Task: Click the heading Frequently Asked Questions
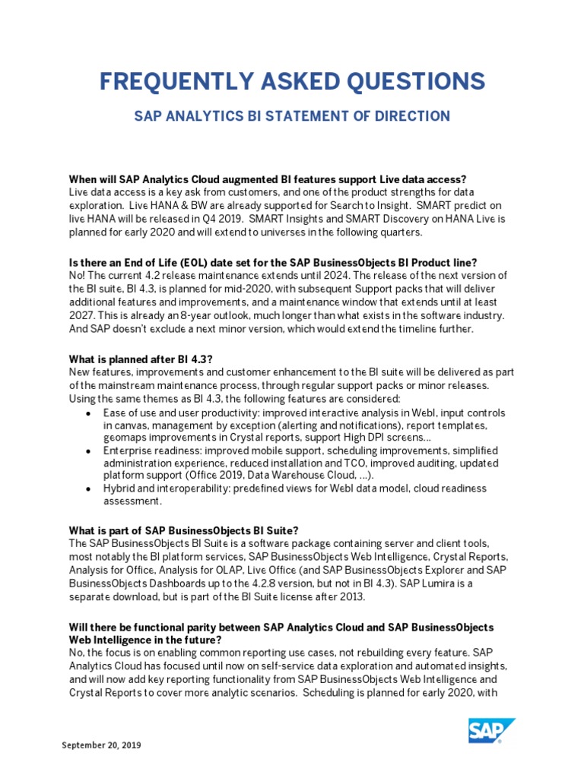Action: (292, 81)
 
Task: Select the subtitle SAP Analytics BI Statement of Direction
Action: (292, 116)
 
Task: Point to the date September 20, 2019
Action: (101, 745)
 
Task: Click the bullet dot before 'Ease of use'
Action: (90, 413)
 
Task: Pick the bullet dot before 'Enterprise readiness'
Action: (90, 451)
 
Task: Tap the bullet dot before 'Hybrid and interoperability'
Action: (90, 489)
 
